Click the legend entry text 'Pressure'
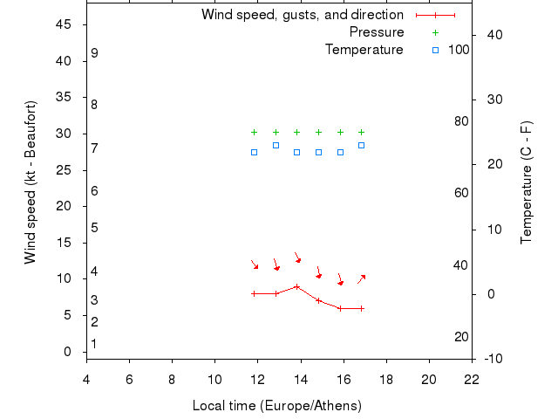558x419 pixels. pos(377,32)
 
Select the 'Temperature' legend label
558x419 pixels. pos(364,50)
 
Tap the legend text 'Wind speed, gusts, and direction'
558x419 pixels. pos(303,15)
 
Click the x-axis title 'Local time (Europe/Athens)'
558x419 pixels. pos(277,406)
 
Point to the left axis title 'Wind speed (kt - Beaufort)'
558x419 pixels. pos(31,182)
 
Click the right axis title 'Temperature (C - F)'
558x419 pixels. pos(527,182)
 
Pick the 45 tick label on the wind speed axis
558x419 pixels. pos(64,24)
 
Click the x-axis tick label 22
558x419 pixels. pos(472,379)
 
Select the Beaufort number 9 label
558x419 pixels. pos(94,53)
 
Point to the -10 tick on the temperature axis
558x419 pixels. pos(492,359)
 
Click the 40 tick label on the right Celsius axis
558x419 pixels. pos(493,35)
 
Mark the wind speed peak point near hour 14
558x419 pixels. pos(297,286)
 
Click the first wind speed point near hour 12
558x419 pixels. pos(254,293)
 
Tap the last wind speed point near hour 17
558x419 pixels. pos(361,308)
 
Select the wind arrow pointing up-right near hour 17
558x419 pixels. pos(361,279)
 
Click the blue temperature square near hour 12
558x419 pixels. pos(254,152)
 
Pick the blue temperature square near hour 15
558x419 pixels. pos(318,152)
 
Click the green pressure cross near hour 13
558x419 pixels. pos(276,133)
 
